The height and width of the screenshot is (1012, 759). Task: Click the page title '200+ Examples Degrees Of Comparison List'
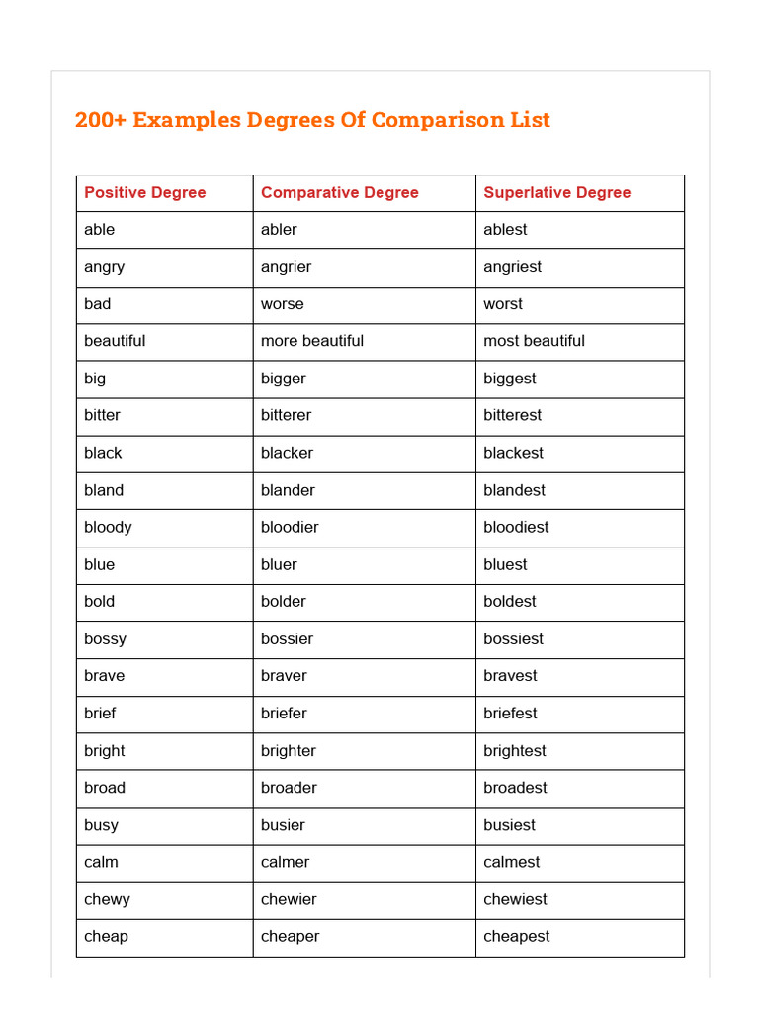312,120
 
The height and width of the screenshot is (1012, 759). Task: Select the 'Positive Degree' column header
145,193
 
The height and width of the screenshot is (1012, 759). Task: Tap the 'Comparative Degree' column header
339,193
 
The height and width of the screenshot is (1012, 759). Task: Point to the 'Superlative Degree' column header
556,193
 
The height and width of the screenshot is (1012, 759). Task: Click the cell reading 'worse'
282,304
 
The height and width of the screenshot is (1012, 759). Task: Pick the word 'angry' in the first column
104,267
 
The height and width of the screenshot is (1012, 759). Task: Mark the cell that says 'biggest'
510,379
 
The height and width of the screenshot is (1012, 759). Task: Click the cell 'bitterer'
286,415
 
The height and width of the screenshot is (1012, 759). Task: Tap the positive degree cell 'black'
103,453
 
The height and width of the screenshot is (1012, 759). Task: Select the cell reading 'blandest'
514,490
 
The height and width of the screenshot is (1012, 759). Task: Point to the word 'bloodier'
290,527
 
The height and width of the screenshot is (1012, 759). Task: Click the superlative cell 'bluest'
505,564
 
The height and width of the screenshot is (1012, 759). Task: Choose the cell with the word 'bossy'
105,638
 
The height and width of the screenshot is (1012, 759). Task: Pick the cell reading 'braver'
284,676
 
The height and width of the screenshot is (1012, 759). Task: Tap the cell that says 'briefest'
510,713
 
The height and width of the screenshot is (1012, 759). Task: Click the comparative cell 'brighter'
289,750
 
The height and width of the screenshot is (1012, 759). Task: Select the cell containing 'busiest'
509,825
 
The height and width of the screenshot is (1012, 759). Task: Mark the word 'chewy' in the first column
107,899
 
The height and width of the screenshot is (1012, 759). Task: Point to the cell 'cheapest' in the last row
516,936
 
